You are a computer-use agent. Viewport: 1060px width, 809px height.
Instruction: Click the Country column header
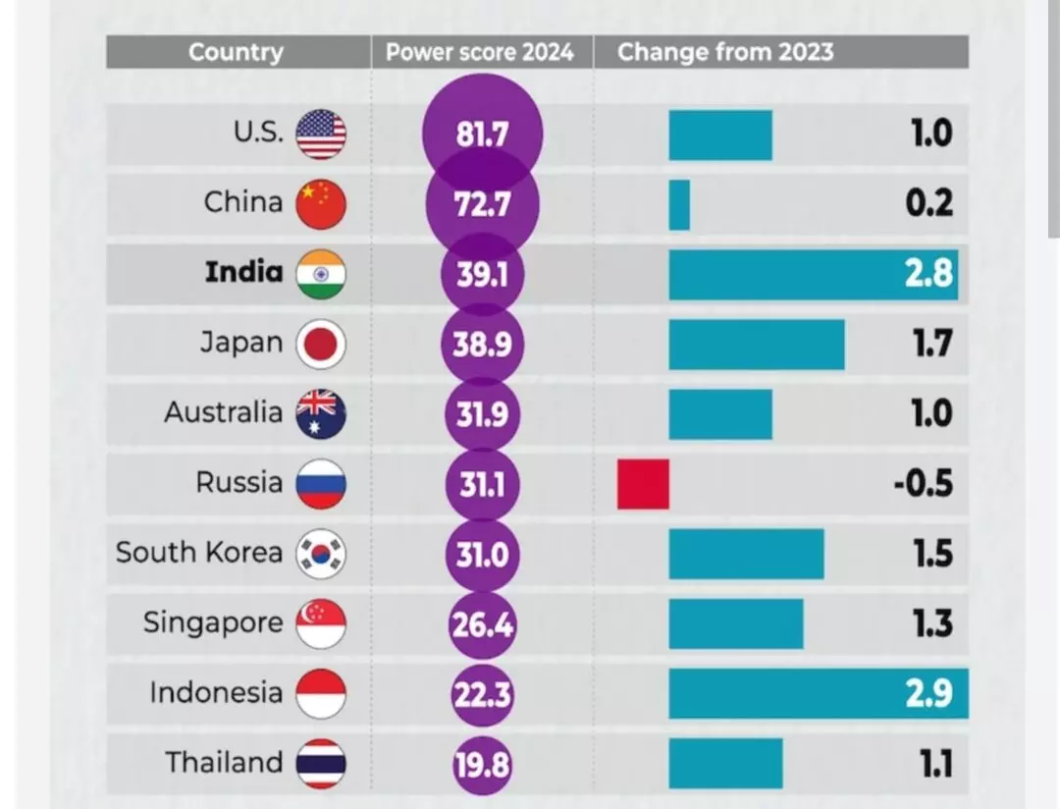click(236, 52)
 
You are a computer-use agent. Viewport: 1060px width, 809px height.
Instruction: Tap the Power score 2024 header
click(479, 52)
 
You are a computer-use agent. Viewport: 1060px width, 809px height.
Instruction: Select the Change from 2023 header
click(724, 52)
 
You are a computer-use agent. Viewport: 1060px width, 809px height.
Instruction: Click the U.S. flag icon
click(321, 135)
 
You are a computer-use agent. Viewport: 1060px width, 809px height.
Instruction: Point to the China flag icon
click(321, 204)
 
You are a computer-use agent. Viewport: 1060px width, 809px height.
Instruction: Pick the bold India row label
click(243, 272)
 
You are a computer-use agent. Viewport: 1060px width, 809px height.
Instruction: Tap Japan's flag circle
click(321, 344)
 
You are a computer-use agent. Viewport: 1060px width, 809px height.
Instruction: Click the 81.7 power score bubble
click(481, 135)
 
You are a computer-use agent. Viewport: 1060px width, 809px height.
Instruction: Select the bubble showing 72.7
click(481, 204)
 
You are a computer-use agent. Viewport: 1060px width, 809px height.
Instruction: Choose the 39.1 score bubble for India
click(481, 274)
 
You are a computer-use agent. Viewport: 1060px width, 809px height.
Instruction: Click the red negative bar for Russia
click(643, 484)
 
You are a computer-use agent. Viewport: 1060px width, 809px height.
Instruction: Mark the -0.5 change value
click(923, 484)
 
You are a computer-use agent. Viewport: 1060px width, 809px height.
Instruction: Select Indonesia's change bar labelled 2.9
click(818, 693)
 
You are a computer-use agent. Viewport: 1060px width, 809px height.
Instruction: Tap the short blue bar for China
click(679, 204)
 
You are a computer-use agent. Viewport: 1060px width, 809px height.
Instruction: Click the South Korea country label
click(199, 553)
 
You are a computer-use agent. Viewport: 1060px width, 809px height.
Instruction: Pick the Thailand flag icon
click(321, 764)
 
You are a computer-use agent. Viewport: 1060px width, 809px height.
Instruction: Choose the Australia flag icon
click(321, 413)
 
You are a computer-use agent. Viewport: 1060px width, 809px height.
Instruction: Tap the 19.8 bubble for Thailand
click(481, 764)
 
